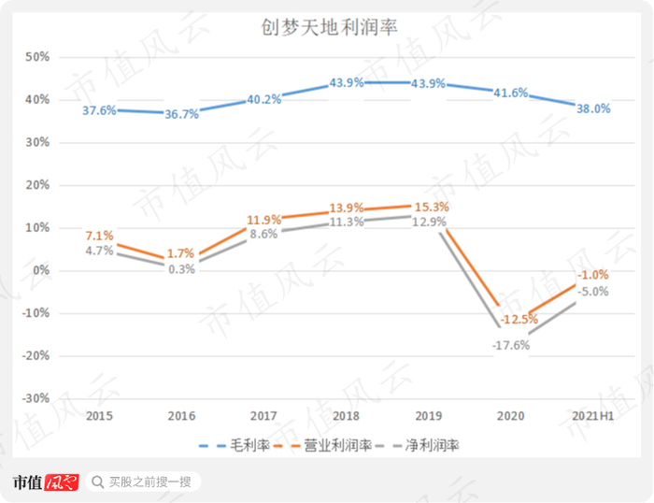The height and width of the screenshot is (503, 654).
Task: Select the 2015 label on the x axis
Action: coord(99,415)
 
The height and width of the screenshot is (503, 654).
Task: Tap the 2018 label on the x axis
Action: coord(346,415)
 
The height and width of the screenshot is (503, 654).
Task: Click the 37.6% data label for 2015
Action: coord(99,110)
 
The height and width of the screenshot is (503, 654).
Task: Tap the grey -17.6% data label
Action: coord(511,345)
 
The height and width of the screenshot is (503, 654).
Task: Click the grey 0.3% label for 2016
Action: coord(181,269)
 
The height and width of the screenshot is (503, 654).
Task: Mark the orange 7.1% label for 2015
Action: coord(99,235)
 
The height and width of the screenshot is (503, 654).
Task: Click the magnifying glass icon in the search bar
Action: coord(97,482)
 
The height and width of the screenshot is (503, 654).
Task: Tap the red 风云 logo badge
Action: coord(61,482)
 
